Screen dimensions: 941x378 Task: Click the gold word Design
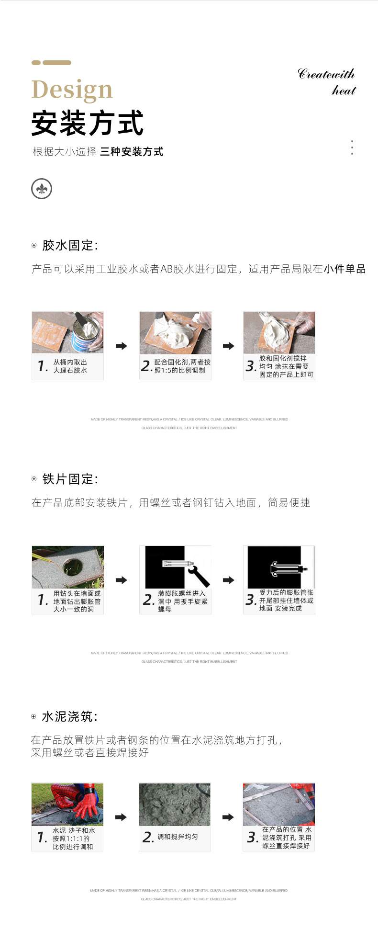pyautogui.click(x=72, y=90)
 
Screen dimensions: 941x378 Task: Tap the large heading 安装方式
pyautogui.click(x=87, y=123)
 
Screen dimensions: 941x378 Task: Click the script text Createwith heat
pyautogui.click(x=327, y=82)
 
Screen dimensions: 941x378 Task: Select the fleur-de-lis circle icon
pyautogui.click(x=42, y=189)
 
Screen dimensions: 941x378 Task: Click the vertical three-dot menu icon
pyautogui.click(x=352, y=147)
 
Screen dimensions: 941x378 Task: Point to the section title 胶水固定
pyautogui.click(x=69, y=245)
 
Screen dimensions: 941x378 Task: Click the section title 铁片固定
pyautogui.click(x=69, y=479)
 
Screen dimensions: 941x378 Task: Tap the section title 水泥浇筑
pyautogui.click(x=69, y=716)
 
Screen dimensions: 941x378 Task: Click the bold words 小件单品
pyautogui.click(x=345, y=269)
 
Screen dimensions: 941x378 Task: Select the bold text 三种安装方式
pyautogui.click(x=132, y=152)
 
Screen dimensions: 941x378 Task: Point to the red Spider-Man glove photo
pyautogui.click(x=67, y=804)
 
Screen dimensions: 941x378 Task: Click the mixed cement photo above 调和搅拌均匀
pyautogui.click(x=175, y=804)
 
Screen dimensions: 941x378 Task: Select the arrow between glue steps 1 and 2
pyautogui.click(x=122, y=346)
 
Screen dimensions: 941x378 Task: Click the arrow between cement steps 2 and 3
pyautogui.click(x=228, y=817)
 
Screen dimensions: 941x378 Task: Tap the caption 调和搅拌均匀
pyautogui.click(x=178, y=837)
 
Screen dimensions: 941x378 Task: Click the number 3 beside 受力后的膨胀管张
pyautogui.click(x=250, y=600)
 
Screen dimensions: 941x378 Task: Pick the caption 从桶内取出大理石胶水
pyautogui.click(x=70, y=366)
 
